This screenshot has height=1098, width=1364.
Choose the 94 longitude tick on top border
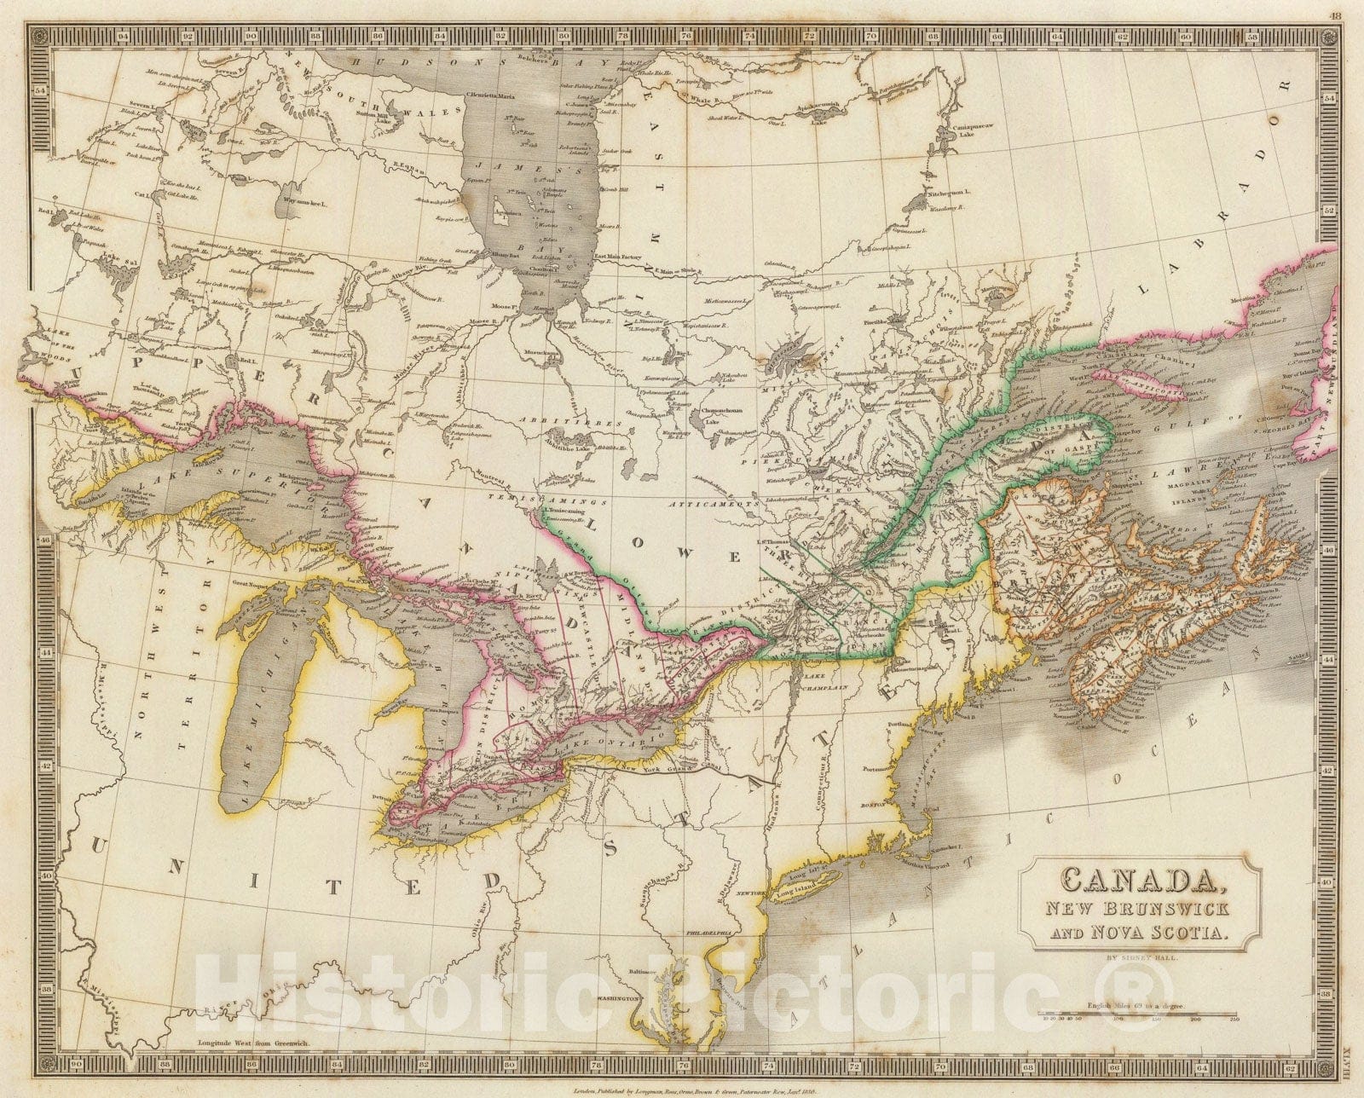click(124, 37)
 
